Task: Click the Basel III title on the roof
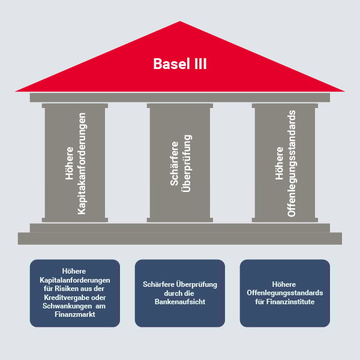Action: (x=180, y=64)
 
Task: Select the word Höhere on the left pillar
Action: (x=69, y=164)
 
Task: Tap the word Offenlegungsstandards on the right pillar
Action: (x=292, y=164)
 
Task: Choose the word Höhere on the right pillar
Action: (x=279, y=164)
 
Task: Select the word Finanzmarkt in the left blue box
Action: (x=75, y=314)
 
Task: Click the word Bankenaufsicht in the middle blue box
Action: (x=180, y=301)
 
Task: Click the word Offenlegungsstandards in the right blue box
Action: (x=285, y=293)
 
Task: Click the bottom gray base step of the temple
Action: (x=180, y=238)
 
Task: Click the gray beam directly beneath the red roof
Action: (x=180, y=97)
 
